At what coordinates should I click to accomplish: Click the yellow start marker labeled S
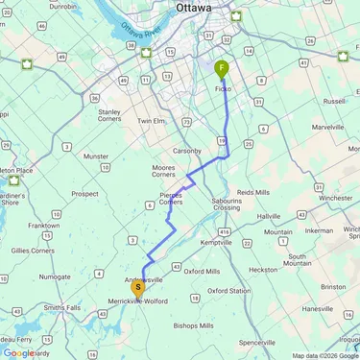tap(138, 286)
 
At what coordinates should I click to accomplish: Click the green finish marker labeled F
tap(222, 68)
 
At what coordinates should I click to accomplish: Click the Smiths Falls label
tap(61, 307)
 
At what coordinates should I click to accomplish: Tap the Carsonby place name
tap(187, 151)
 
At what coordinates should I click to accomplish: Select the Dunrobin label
tap(62, 6)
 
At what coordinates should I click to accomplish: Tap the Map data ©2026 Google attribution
tap(324, 355)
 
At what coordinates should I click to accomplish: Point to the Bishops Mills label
tap(193, 325)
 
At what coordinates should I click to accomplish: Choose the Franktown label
tap(43, 225)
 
